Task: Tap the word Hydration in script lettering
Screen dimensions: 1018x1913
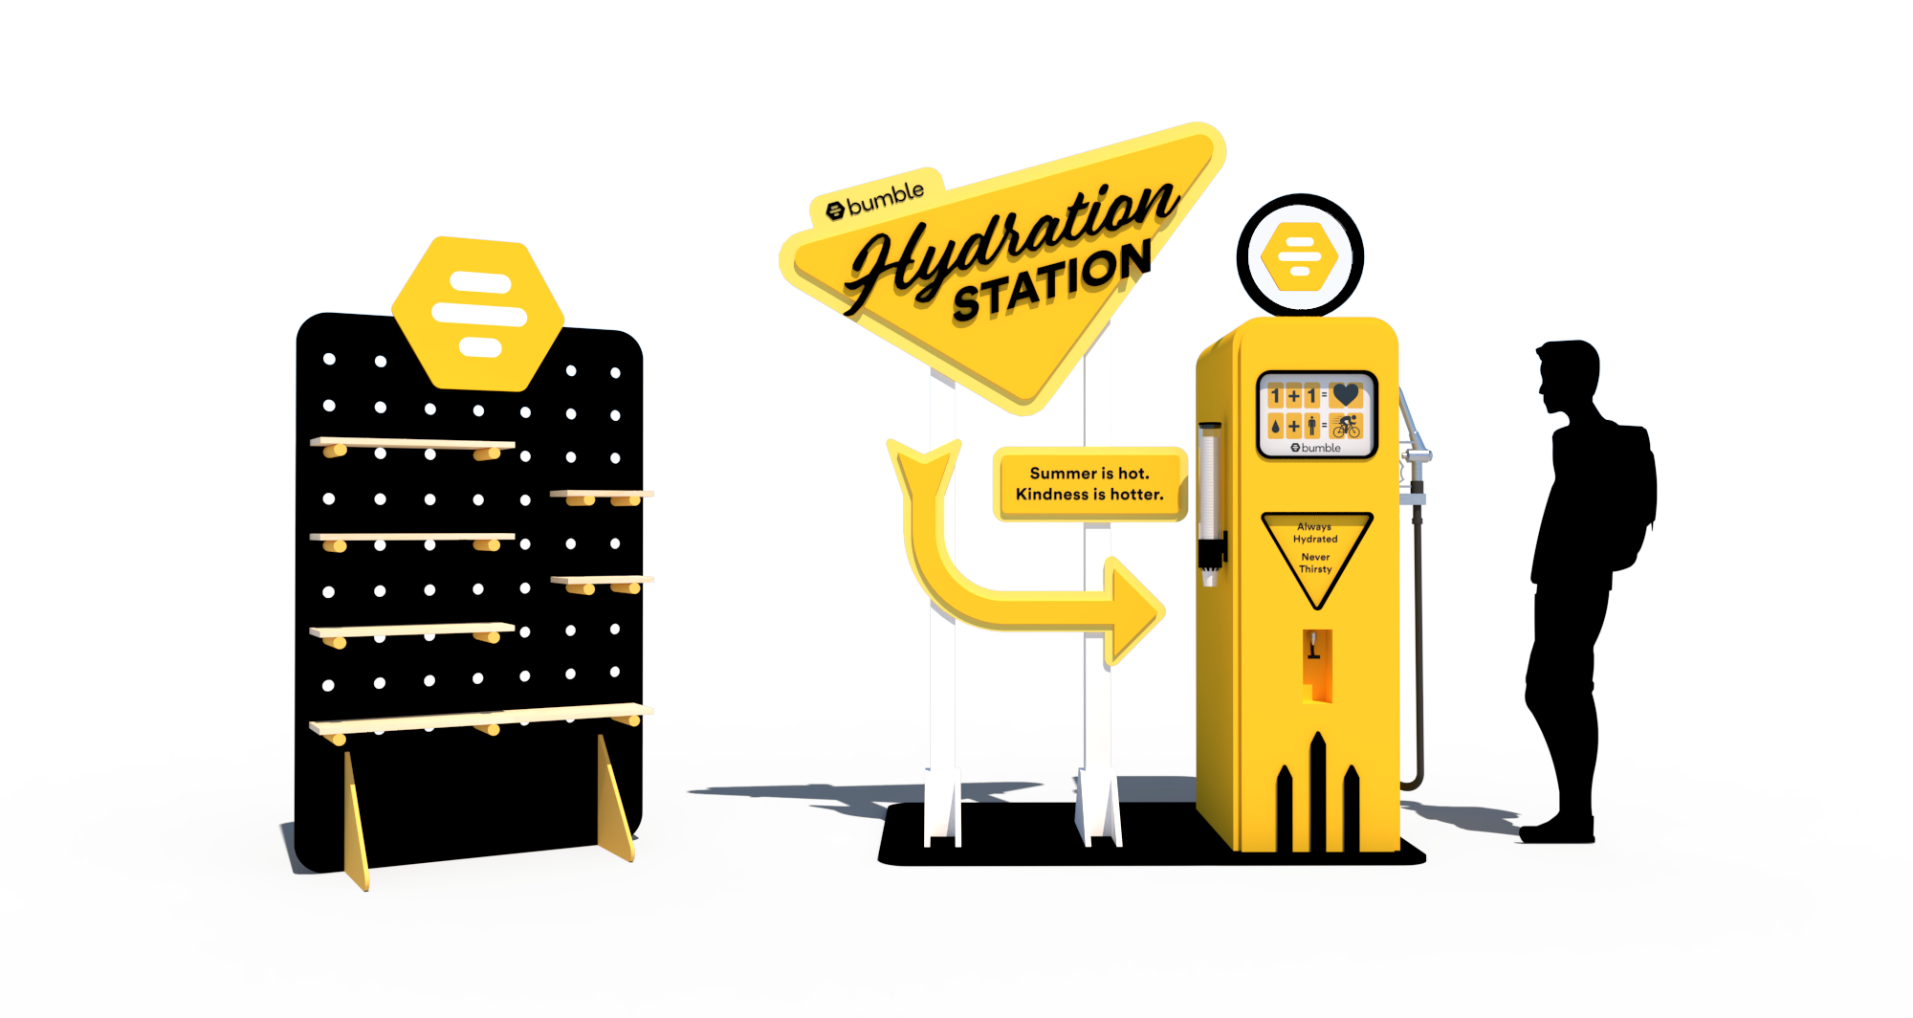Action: (x=1014, y=239)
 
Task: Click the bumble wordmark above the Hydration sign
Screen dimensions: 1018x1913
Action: (x=876, y=199)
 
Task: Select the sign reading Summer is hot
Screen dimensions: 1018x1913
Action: (x=1089, y=484)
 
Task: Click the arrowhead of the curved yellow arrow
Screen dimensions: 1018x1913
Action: (x=1133, y=609)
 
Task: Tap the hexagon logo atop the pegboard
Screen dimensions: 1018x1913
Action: (x=478, y=313)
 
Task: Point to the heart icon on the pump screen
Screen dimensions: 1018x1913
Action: (x=1346, y=394)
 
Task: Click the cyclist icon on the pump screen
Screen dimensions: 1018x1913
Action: (x=1346, y=426)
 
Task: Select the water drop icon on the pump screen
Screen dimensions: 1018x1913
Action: (x=1275, y=427)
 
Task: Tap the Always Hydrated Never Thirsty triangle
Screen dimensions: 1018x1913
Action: (x=1316, y=555)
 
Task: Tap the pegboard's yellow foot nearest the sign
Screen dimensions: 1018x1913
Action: (x=615, y=799)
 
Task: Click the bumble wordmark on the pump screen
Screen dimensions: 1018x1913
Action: (x=1317, y=448)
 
